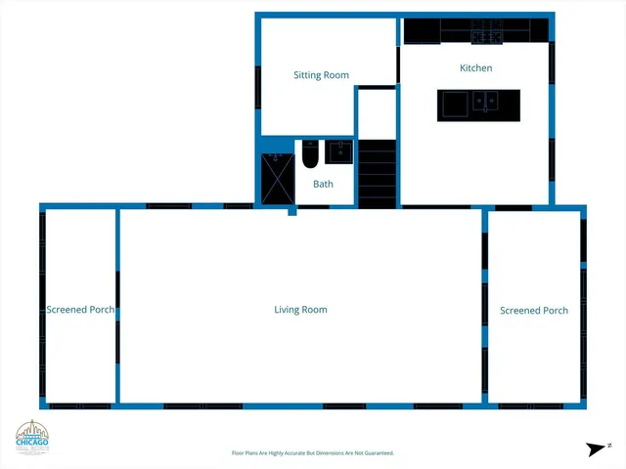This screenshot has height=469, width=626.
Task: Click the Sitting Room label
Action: pos(321,75)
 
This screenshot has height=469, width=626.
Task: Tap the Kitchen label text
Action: pos(475,68)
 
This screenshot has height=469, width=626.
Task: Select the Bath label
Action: pos(323,184)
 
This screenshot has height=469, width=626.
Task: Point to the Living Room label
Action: pos(300,310)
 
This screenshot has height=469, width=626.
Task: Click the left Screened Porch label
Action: pos(81,311)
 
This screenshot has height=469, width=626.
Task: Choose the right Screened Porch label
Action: pos(533,311)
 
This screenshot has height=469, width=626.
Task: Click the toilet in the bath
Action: pos(309,154)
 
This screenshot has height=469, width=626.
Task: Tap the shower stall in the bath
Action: pos(277,178)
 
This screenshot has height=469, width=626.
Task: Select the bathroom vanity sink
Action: pos(339,152)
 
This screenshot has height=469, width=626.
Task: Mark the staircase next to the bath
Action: pos(377,172)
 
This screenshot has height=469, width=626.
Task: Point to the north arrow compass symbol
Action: pos(596,448)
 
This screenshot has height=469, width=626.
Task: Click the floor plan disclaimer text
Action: pos(312,453)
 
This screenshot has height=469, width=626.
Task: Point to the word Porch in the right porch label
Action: pos(553,311)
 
